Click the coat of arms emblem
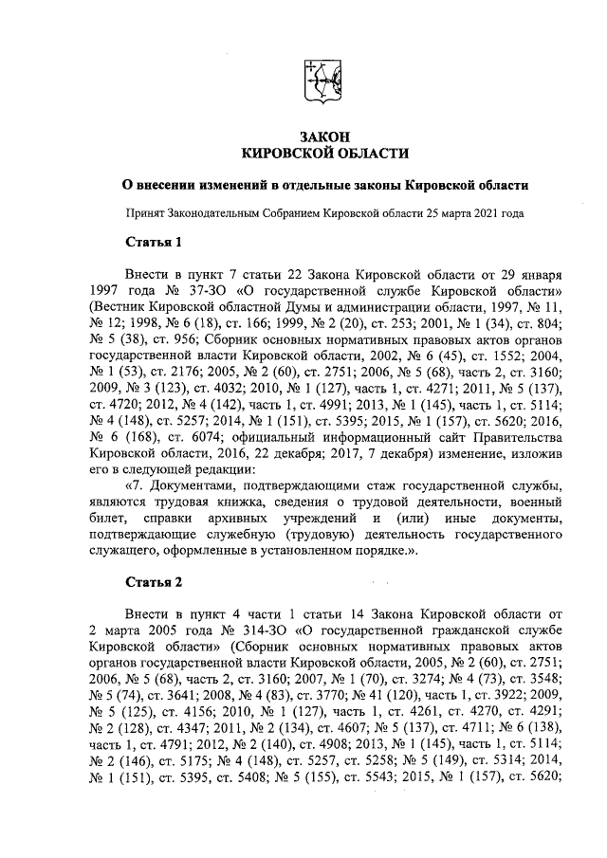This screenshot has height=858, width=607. [323, 82]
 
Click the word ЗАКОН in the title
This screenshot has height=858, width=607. [325, 137]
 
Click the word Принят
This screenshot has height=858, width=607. [148, 213]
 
